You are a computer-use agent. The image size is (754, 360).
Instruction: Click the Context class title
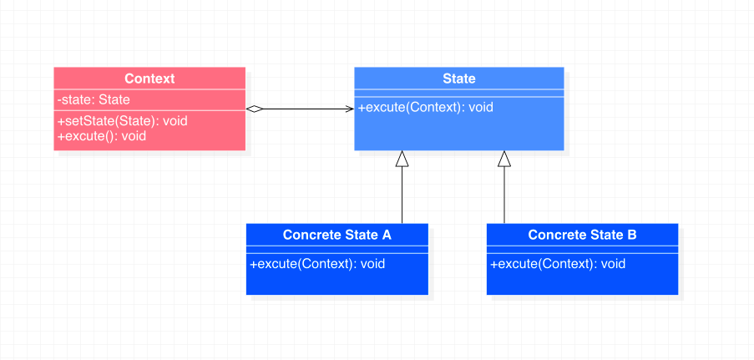pyautogui.click(x=149, y=79)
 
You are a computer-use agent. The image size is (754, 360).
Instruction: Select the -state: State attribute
pyautogui.click(x=94, y=100)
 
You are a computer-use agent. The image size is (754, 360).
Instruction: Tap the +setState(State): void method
pyautogui.click(x=123, y=121)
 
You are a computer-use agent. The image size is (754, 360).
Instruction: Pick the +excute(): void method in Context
pyautogui.click(x=102, y=135)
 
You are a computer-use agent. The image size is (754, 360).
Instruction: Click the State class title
pyautogui.click(x=459, y=79)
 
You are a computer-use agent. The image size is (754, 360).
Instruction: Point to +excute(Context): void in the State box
pyautogui.click(x=426, y=107)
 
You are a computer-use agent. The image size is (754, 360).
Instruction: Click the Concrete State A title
pyautogui.click(x=337, y=235)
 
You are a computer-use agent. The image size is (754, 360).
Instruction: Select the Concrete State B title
pyautogui.click(x=582, y=235)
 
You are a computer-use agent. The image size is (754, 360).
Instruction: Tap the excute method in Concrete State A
pyautogui.click(x=317, y=264)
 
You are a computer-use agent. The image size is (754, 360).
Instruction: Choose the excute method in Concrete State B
pyautogui.click(x=558, y=264)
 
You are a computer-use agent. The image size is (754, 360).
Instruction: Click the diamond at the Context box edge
pyautogui.click(x=255, y=109)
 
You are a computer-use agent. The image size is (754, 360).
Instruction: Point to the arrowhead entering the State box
pyautogui.click(x=350, y=109)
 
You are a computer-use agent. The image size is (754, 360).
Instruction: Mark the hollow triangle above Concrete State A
pyautogui.click(x=402, y=159)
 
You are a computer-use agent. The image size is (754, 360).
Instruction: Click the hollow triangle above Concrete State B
pyautogui.click(x=504, y=159)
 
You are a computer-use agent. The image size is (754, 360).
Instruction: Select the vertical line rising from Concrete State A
pyautogui.click(x=402, y=195)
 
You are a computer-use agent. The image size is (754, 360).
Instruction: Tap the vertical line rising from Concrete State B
pyautogui.click(x=504, y=195)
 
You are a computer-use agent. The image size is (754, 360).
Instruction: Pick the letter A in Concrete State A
pyautogui.click(x=387, y=235)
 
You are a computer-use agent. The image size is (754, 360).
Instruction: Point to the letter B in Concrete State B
pyautogui.click(x=632, y=235)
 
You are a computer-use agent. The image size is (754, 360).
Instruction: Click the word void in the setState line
pyautogui.click(x=175, y=121)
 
